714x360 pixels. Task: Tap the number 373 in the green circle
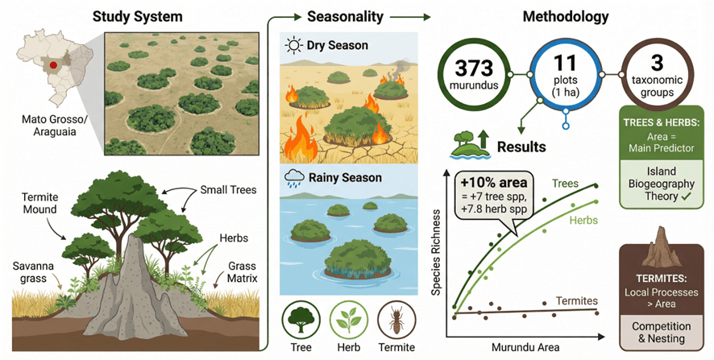click(x=474, y=68)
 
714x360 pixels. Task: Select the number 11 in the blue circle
click(x=565, y=64)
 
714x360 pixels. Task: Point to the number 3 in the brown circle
click(x=657, y=64)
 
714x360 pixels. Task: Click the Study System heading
click(x=138, y=17)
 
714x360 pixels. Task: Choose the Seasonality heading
click(x=345, y=17)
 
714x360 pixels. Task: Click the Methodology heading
click(x=565, y=17)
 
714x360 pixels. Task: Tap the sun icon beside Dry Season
click(x=293, y=46)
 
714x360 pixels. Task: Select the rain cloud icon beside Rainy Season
click(x=293, y=178)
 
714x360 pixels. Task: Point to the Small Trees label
click(x=229, y=190)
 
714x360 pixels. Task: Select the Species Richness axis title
click(x=436, y=253)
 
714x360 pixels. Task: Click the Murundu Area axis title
click(x=525, y=347)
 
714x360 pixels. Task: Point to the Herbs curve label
click(x=583, y=221)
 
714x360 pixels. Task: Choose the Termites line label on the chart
click(x=576, y=301)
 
